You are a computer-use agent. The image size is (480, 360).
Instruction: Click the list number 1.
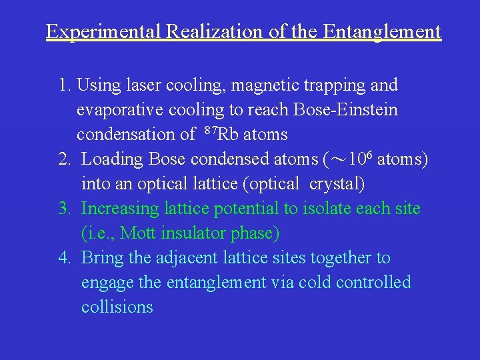[x=64, y=85]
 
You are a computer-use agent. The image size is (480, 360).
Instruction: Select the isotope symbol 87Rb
[x=221, y=134]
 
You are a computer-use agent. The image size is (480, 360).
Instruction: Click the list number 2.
[x=64, y=159]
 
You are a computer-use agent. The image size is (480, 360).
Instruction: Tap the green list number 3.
[x=64, y=209]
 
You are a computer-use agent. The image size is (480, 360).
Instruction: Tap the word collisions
[x=117, y=307]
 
